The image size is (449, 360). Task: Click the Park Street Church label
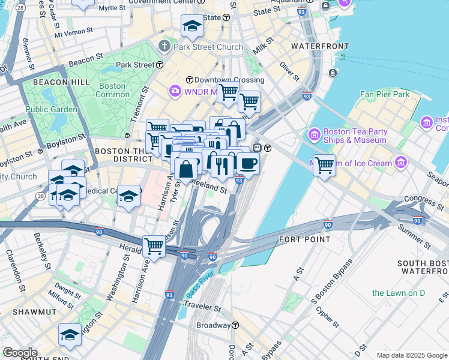click(x=208, y=47)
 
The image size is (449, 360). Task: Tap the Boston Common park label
click(x=112, y=90)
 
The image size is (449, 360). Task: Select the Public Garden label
click(x=52, y=110)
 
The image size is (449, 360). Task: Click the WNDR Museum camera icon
click(x=175, y=91)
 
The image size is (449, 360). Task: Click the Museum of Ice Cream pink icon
click(x=400, y=163)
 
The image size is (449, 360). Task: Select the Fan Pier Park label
click(x=384, y=94)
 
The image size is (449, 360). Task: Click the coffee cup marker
click(x=247, y=163)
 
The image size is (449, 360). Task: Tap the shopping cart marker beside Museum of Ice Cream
click(x=324, y=164)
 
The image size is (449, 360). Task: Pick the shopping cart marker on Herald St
click(x=154, y=245)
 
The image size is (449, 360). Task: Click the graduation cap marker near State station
click(x=192, y=26)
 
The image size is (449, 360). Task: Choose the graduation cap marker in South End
click(x=70, y=335)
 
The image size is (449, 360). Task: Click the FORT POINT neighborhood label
click(x=305, y=239)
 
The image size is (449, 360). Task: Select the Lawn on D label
click(x=398, y=293)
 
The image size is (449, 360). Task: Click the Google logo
click(x=20, y=353)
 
